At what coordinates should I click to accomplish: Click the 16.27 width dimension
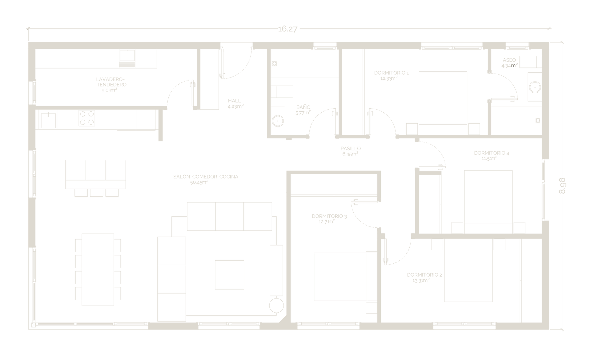coord(287,29)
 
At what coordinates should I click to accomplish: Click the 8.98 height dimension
coord(562,186)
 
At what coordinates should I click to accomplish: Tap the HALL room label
coord(235,101)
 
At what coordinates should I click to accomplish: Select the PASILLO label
coord(351,149)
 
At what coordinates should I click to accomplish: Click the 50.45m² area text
coord(199,182)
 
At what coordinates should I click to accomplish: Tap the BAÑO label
coord(303,107)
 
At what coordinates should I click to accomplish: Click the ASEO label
coord(509,60)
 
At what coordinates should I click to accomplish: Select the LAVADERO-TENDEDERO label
coord(111,82)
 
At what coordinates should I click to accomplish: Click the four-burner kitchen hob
coord(87,118)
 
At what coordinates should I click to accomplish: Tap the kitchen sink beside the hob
coord(49,121)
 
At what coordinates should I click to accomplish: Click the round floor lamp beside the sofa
coord(276,306)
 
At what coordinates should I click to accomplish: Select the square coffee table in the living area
coord(229,275)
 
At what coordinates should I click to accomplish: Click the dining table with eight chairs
coord(98,270)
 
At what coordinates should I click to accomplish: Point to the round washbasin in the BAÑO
coord(278,121)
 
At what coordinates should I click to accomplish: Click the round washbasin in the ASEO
coord(535,87)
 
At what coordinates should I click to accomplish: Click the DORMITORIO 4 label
coord(492,153)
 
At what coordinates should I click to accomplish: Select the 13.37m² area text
coord(421,281)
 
